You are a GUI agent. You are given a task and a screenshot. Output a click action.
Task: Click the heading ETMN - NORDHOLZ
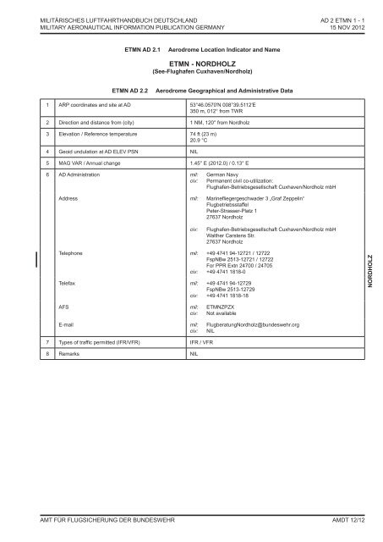click(190, 63)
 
